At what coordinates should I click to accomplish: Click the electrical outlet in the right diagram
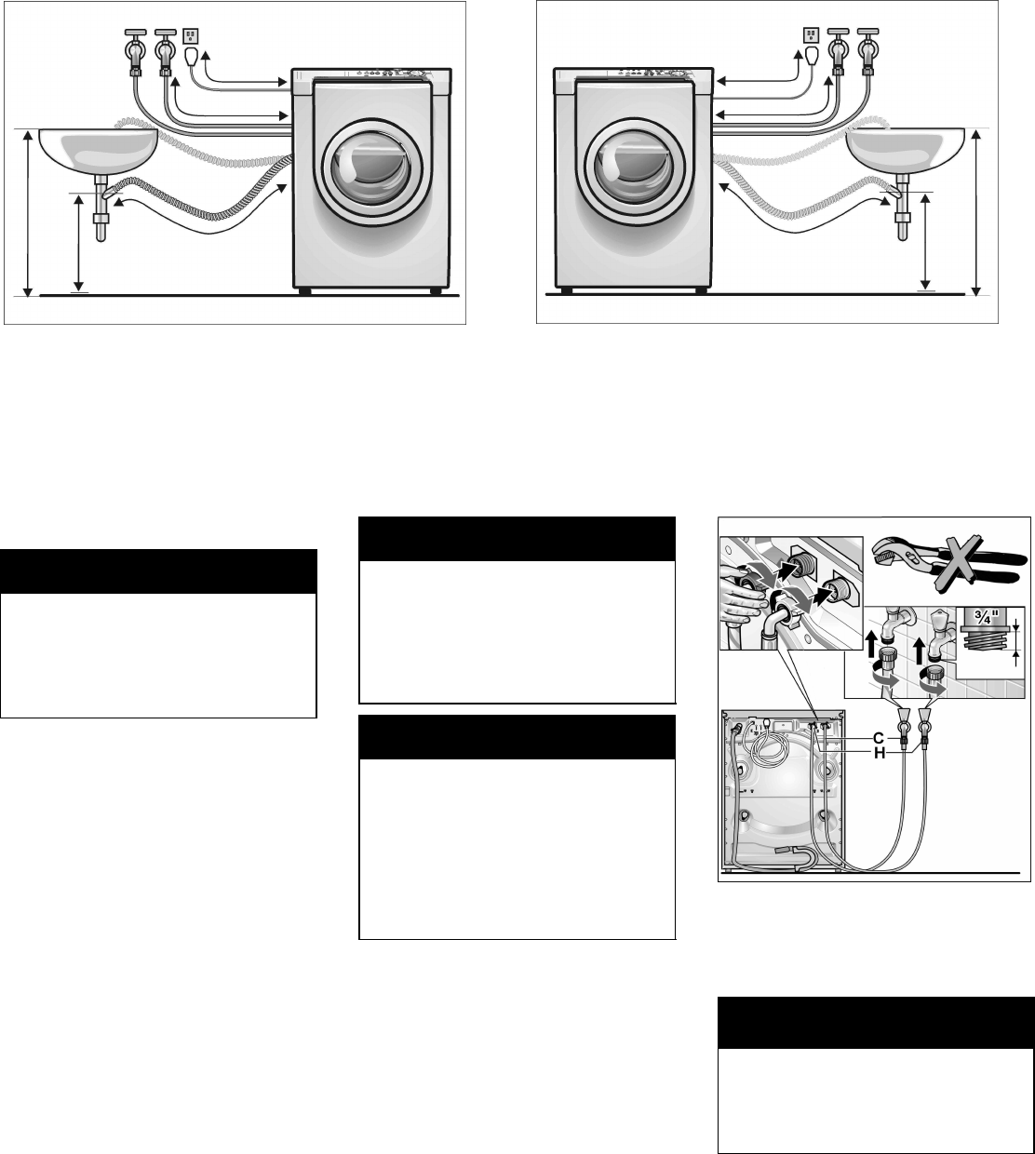tap(809, 35)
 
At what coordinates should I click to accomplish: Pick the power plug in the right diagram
tap(809, 59)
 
